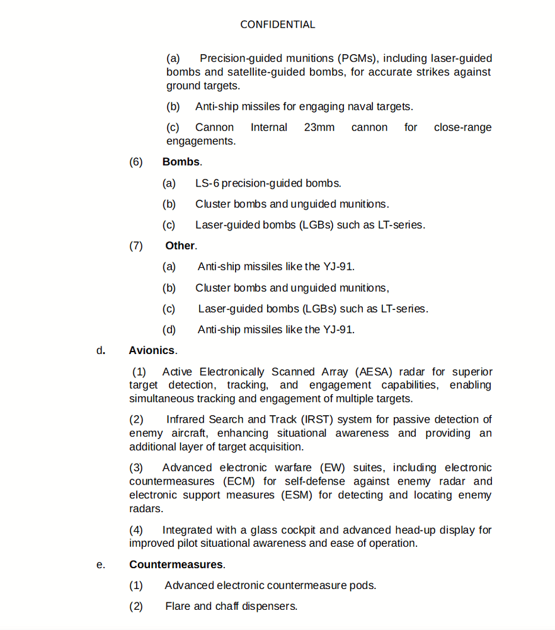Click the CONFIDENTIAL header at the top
tap(277, 25)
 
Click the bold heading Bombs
tap(181, 162)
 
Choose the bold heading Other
tap(180, 246)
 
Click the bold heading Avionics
tap(152, 350)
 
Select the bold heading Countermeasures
tap(176, 564)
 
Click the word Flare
tap(178, 606)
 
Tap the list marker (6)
tap(136, 162)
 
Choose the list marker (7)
tap(136, 246)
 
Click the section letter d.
tap(101, 350)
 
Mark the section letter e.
tap(101, 564)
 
